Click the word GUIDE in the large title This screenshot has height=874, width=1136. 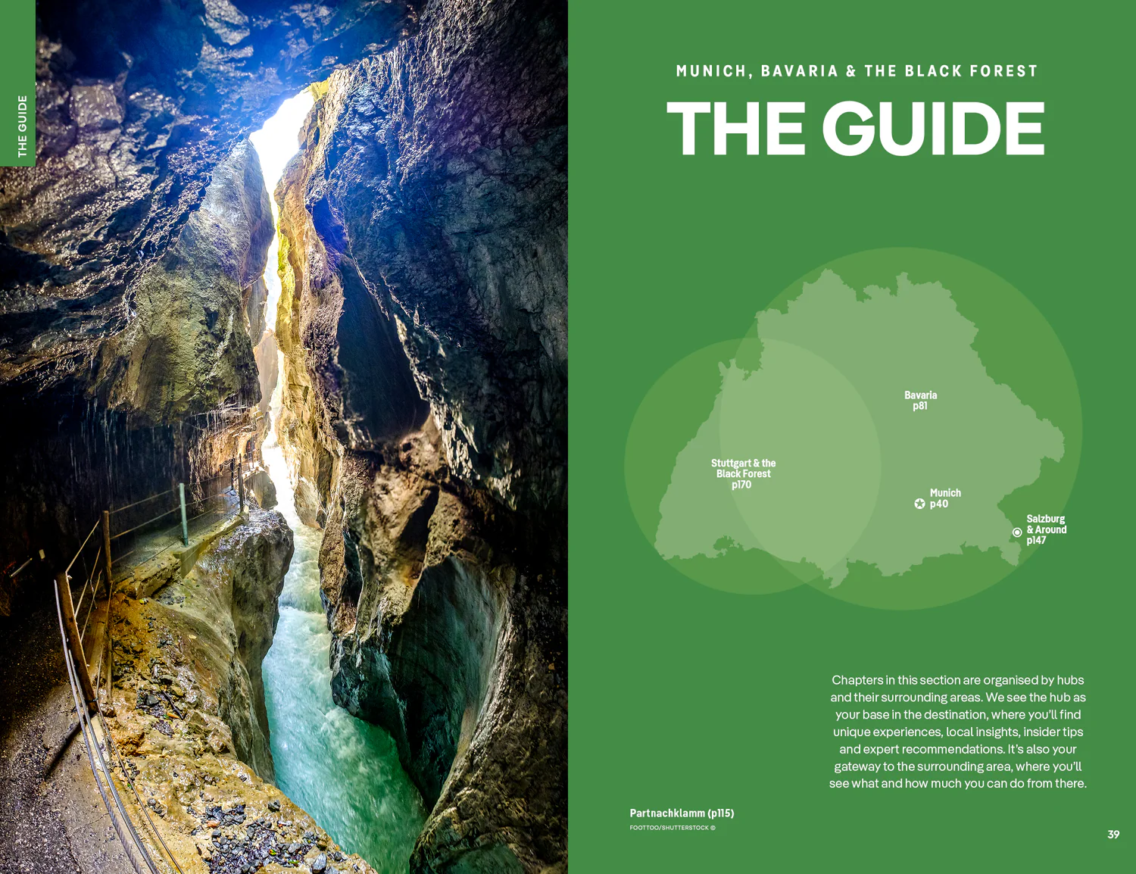(933, 129)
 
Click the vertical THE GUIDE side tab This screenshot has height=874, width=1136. (22, 126)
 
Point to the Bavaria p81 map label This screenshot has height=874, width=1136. (920, 401)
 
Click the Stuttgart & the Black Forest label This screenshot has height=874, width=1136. (743, 473)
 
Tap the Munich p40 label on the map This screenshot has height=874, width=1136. (944, 498)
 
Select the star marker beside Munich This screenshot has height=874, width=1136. (919, 504)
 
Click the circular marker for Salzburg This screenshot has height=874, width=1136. (1017, 532)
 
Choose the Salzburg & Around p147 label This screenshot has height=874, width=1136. (1046, 529)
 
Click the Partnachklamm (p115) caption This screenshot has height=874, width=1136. (682, 813)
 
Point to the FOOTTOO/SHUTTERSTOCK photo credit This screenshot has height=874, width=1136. (672, 828)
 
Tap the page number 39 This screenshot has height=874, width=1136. (1113, 835)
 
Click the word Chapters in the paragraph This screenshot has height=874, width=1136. (857, 680)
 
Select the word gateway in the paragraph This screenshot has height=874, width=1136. (857, 766)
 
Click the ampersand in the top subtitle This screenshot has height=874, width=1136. (851, 71)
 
